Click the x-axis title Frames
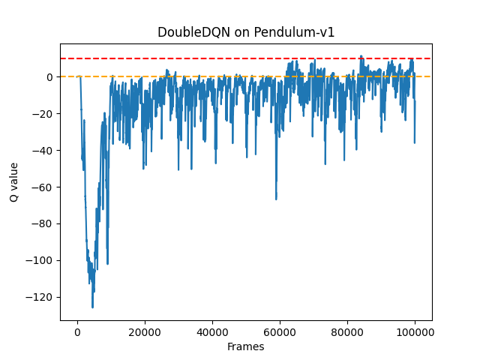(x=246, y=346)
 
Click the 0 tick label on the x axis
(x=77, y=331)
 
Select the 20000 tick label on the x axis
(x=145, y=331)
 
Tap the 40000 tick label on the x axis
(x=212, y=331)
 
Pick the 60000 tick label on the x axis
(x=280, y=331)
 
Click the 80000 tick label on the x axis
(x=347, y=331)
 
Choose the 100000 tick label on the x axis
(x=415, y=331)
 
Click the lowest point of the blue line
(x=93, y=307)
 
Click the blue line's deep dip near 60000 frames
(x=276, y=199)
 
